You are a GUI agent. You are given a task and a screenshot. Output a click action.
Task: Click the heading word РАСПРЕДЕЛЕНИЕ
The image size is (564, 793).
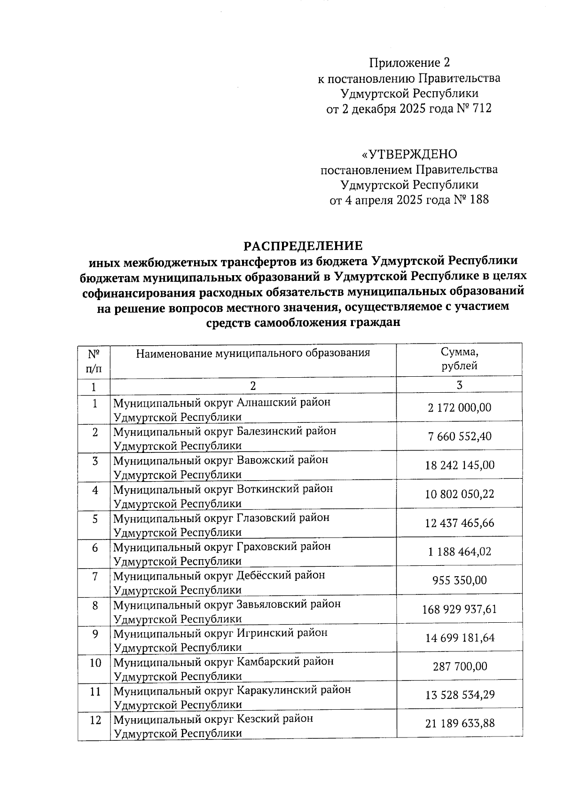[303, 246]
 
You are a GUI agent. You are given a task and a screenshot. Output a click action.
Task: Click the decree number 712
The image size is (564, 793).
[482, 109]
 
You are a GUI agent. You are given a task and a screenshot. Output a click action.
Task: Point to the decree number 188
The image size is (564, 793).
[479, 199]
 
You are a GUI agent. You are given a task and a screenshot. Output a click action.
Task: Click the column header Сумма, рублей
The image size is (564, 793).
[459, 359]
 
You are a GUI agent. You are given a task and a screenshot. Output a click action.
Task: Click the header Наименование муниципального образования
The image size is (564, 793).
[253, 353]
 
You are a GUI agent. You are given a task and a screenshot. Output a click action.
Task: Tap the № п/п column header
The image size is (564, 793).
[94, 360]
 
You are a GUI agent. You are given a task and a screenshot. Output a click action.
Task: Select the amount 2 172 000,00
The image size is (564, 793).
[459, 407]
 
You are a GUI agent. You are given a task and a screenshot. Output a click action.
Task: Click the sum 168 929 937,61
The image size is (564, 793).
[459, 609]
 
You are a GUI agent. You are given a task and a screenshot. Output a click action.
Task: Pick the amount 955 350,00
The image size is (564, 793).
[459, 580]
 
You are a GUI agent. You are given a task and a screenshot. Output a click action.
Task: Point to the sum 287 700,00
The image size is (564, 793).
[459, 666]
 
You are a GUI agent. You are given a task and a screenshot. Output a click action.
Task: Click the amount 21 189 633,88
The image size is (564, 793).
[459, 723]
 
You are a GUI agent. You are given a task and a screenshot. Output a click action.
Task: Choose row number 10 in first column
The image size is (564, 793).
[95, 663]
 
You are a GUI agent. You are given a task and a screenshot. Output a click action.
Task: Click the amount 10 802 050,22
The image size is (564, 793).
[459, 494]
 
